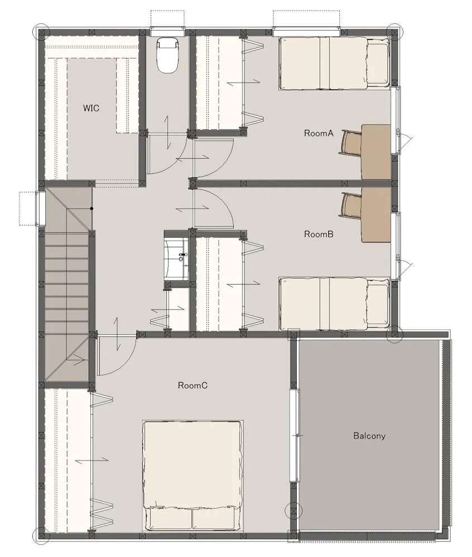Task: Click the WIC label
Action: click(91, 108)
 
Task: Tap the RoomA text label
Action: click(319, 133)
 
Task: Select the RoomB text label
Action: click(319, 234)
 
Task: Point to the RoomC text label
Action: click(192, 385)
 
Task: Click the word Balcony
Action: click(369, 436)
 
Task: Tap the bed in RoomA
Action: click(334, 63)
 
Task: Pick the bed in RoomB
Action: click(334, 304)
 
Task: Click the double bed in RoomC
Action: click(192, 475)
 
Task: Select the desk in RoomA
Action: click(376, 152)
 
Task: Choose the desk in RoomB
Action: click(376, 215)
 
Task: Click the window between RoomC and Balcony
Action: click(295, 436)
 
